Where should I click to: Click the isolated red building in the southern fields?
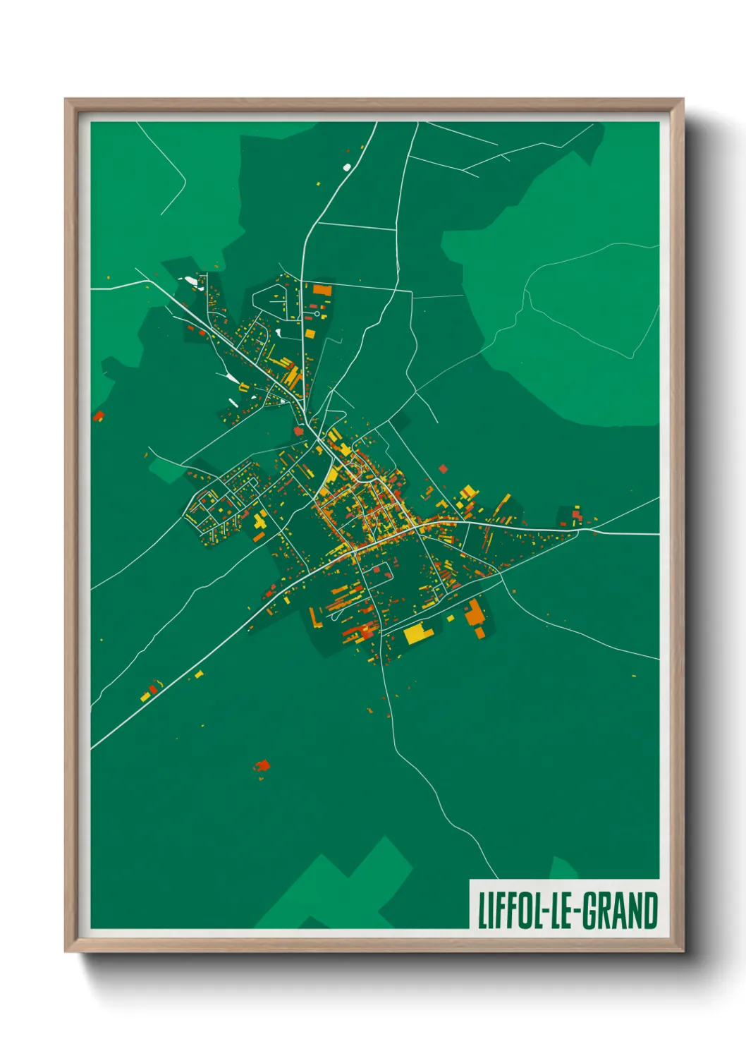coord(263,765)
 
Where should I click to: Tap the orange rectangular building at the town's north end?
coord(322,289)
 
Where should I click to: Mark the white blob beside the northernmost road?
coord(346,167)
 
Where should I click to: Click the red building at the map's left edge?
coord(99,416)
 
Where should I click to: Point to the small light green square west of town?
coord(166,467)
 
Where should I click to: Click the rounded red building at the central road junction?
coord(298,430)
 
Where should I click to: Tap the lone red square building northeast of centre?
coord(443,468)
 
